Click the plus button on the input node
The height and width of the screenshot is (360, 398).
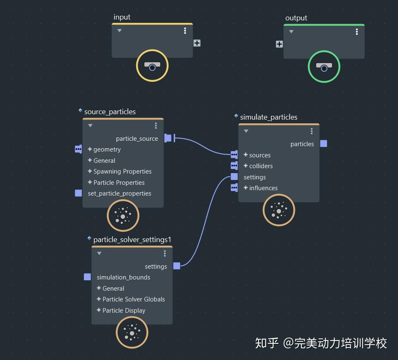tap(197, 43)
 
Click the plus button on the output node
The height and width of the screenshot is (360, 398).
tap(279, 44)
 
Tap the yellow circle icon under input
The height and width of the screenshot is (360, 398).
tap(152, 66)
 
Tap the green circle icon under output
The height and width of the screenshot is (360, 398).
tap(324, 67)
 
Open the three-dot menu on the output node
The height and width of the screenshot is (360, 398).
tap(356, 32)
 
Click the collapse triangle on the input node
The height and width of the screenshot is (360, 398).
tap(120, 31)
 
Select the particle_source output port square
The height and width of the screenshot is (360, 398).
tap(168, 138)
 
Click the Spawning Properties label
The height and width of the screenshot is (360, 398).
tap(122, 171)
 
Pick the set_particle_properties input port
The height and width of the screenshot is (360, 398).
tap(78, 193)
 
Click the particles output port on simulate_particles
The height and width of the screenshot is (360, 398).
tap(324, 144)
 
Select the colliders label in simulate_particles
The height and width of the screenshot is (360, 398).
tap(261, 166)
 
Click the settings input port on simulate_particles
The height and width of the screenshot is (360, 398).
tap(234, 177)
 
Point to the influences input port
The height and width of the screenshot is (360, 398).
tap(234, 188)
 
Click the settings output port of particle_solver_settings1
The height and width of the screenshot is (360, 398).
tap(177, 266)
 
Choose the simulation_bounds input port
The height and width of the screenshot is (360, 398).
tap(87, 277)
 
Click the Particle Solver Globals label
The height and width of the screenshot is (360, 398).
tap(134, 299)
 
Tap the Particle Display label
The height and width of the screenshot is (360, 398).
tap(124, 311)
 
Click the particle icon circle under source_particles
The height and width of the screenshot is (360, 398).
tap(123, 216)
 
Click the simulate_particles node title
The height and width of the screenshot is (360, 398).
tap(269, 117)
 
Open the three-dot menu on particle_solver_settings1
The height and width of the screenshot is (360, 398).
tap(165, 253)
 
